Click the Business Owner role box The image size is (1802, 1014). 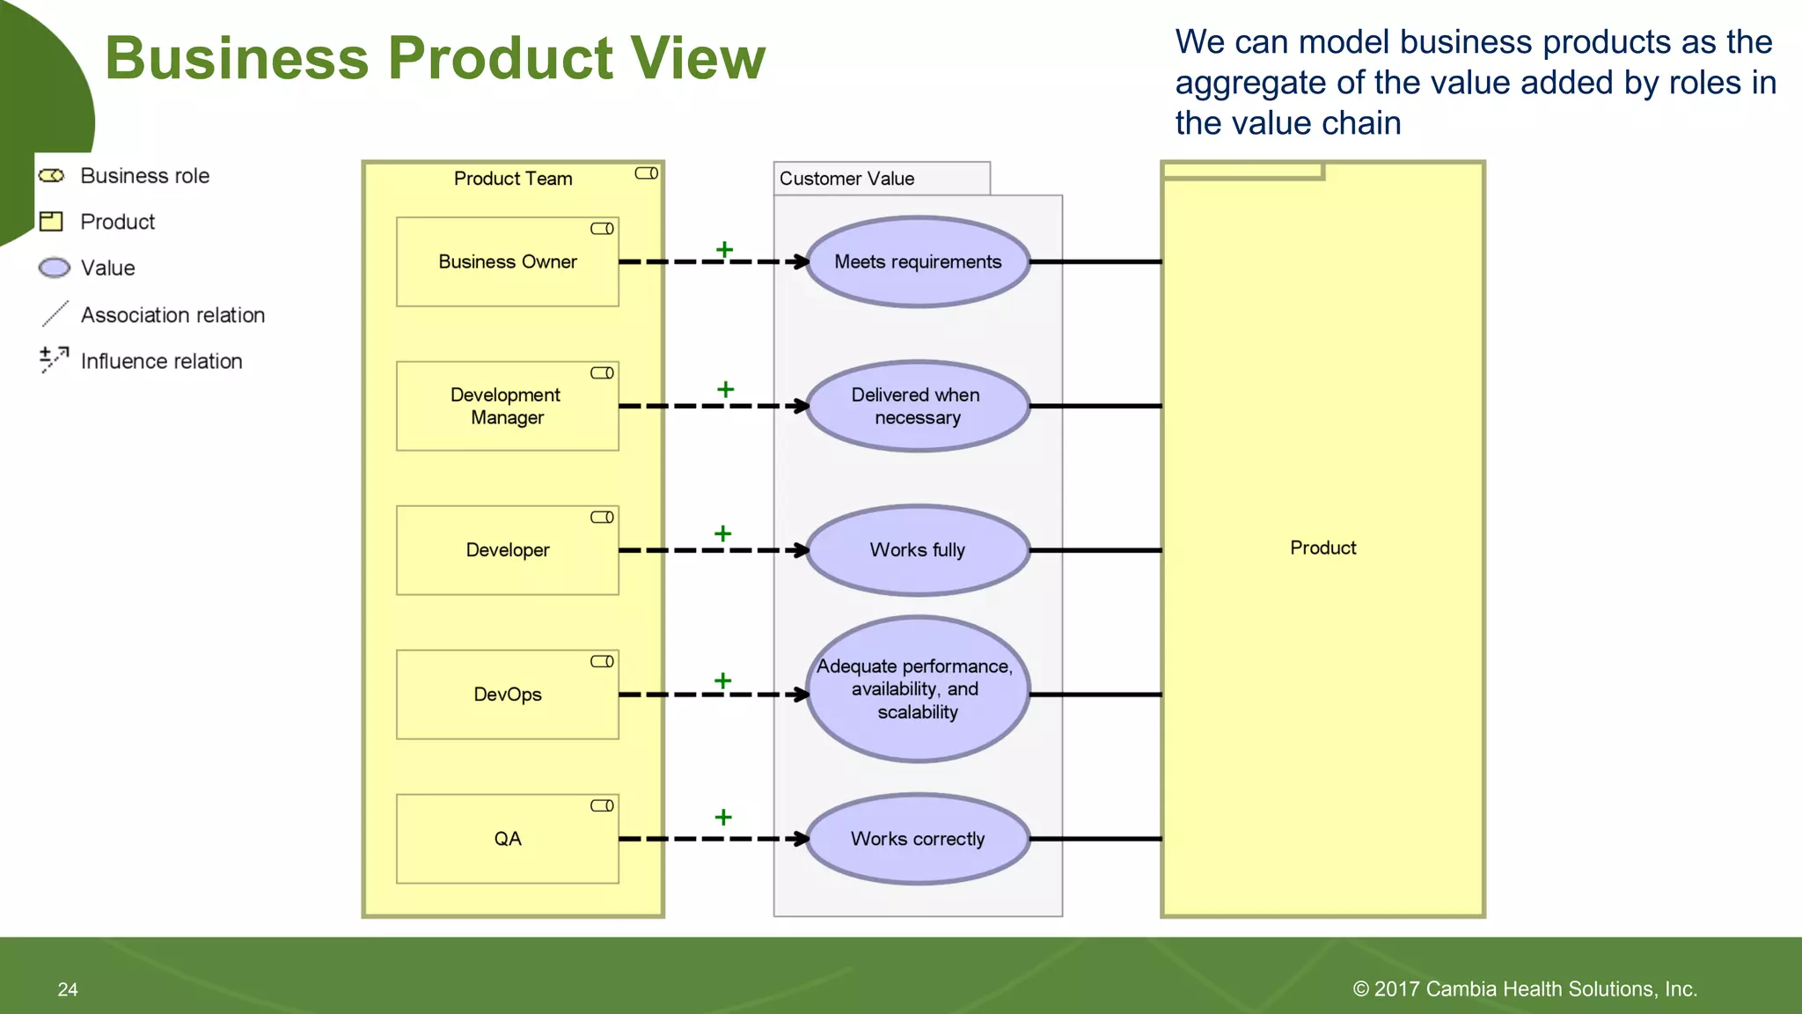507,261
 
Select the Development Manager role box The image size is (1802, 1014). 507,406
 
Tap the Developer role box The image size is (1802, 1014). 507,550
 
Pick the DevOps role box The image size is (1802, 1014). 507,694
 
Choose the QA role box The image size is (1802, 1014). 507,839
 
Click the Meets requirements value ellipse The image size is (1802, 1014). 918,261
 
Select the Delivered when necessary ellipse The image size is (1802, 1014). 918,406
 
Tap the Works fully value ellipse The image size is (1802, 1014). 918,550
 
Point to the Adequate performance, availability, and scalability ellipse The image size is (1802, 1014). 918,689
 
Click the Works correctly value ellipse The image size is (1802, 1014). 918,839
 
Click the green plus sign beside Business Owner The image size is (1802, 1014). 724,250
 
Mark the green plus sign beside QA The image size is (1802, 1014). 723,817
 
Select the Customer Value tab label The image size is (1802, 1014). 847,179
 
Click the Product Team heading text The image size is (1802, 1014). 513,179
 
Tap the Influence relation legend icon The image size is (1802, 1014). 54,359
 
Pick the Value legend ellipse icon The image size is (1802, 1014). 55,268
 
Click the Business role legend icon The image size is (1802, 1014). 52,176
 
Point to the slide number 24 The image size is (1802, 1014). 68,989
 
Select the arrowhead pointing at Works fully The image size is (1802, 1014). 800,550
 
